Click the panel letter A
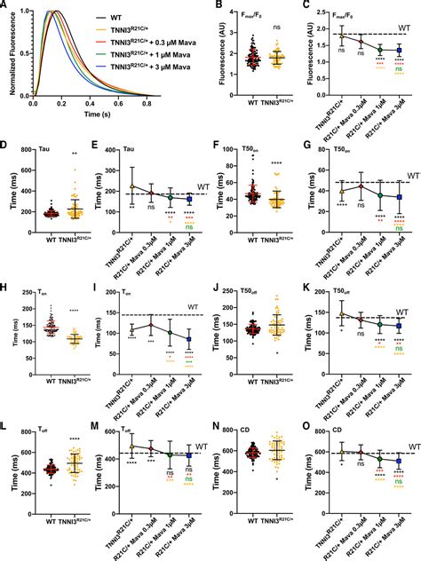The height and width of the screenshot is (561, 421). pyautogui.click(x=5, y=7)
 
